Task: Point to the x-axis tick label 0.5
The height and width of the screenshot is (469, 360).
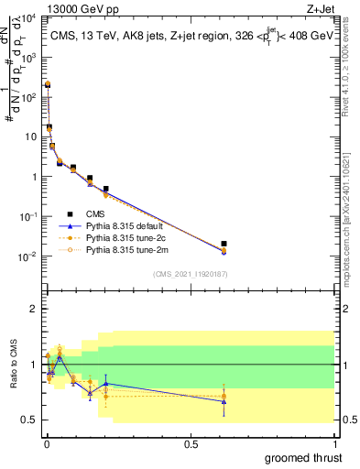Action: pyautogui.click(x=191, y=443)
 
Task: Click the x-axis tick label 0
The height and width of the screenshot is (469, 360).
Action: pyautogui.click(x=46, y=443)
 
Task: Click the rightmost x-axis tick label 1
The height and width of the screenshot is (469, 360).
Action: pyautogui.click(x=335, y=443)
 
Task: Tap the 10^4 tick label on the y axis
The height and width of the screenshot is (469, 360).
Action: pyautogui.click(x=27, y=17)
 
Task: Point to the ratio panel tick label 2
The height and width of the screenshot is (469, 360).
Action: pyautogui.click(x=34, y=309)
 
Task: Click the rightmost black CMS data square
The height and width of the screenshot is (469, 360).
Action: pyautogui.click(x=224, y=244)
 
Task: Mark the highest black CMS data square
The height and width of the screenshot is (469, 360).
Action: pyautogui.click(x=47, y=83)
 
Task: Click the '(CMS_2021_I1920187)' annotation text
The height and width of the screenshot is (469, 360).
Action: pyautogui.click(x=190, y=274)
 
